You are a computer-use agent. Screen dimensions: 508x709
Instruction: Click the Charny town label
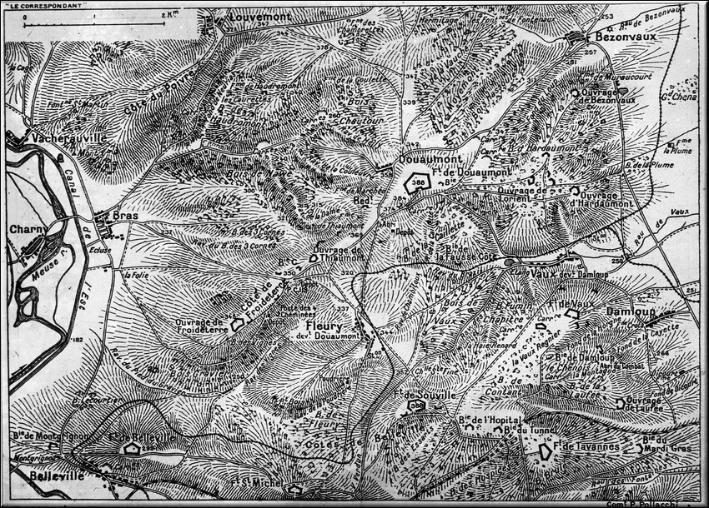coord(28,229)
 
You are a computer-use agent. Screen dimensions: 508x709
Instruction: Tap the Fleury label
coord(322,325)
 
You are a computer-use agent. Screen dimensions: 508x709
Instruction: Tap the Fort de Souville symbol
coord(415,406)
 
